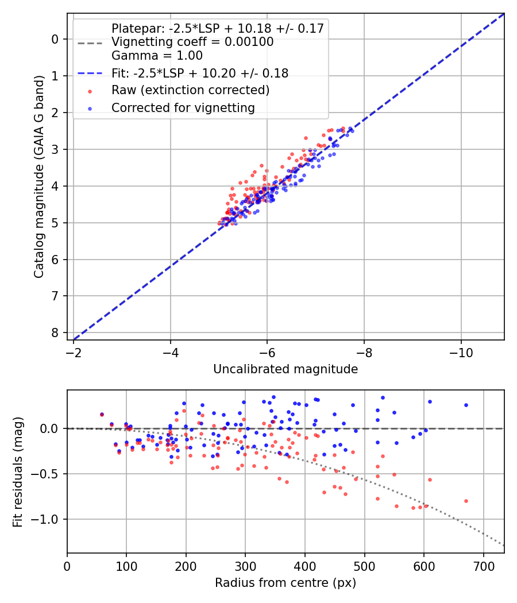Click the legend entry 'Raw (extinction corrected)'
pyautogui.click(x=190, y=90)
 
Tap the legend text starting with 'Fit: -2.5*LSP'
pyautogui.click(x=199, y=73)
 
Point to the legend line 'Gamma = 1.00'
pyautogui.click(x=157, y=56)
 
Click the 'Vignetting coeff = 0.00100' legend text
pyautogui.click(x=192, y=42)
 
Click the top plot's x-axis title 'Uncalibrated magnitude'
pyautogui.click(x=285, y=369)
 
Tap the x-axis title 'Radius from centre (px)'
pyautogui.click(x=285, y=583)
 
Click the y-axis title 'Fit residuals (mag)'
pyautogui.click(x=18, y=471)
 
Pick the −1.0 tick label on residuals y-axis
pyautogui.click(x=47, y=519)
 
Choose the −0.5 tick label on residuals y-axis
pyautogui.click(x=47, y=474)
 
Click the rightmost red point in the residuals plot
pyautogui.click(x=466, y=501)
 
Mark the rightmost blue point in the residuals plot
pyautogui.click(x=466, y=405)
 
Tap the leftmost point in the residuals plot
pyautogui.click(x=102, y=414)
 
